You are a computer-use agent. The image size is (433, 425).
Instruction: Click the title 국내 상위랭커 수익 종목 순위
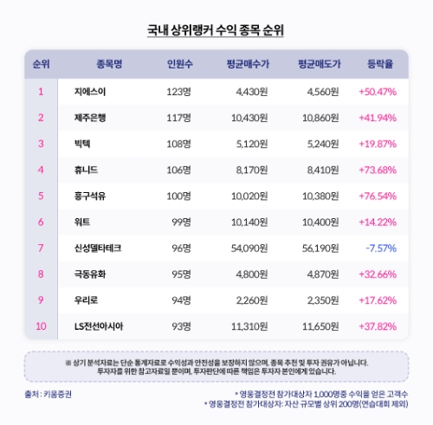coord(216,30)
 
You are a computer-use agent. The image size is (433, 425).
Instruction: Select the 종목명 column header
coord(110,64)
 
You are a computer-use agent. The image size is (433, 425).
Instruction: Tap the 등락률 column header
coord(381,64)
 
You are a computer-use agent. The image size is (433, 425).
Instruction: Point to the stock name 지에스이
coord(90,91)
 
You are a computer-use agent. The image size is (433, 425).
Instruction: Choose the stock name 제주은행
coord(94,117)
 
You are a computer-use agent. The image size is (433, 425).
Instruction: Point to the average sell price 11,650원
coord(318,327)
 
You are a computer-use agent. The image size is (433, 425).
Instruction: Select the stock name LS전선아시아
coord(100,327)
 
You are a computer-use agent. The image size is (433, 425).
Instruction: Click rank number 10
coord(41,327)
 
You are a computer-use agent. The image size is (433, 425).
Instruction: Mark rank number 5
coord(41,196)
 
